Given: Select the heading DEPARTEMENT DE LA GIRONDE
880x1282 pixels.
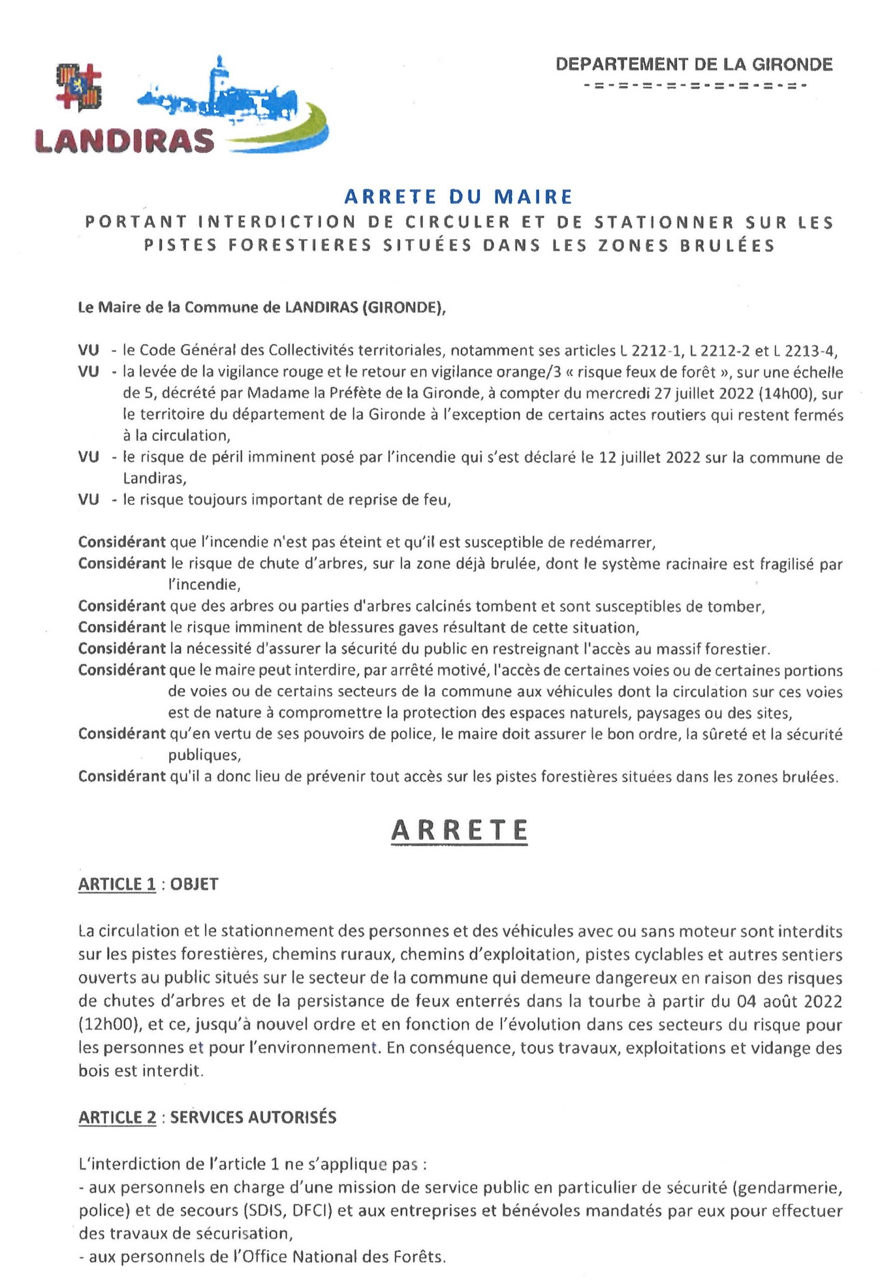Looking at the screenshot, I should pos(694,65).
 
